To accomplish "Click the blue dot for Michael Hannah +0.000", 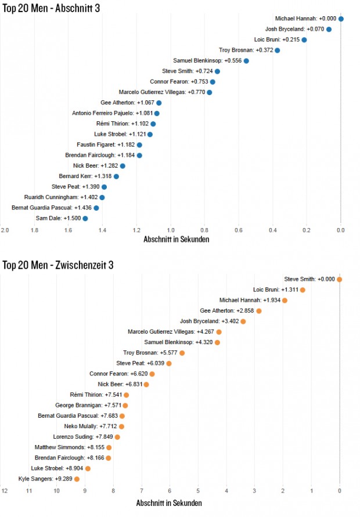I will point(341,19).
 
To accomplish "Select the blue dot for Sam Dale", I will point(85,218).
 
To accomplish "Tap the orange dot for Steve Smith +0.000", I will point(339,279).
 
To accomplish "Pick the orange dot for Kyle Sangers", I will point(77,479).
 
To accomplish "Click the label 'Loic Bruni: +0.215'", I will point(276,39).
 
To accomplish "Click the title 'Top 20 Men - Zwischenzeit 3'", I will point(57,265).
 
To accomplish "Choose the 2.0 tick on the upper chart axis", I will point(5,230).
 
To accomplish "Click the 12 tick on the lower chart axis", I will point(5,491).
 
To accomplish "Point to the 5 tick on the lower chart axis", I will point(198,491).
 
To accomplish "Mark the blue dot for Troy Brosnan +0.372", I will point(277,50).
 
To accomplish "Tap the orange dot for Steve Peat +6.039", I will point(169,363).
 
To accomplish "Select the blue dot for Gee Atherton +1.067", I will point(159,103).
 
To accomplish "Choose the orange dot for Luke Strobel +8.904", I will point(88,468).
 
